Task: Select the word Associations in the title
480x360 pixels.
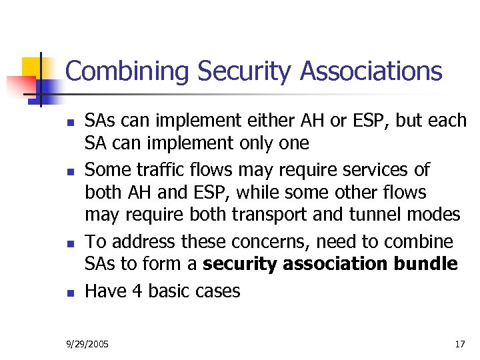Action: click(371, 71)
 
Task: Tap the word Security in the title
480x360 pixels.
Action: click(241, 71)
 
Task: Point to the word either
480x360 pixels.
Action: click(258, 121)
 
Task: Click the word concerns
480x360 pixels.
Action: click(259, 241)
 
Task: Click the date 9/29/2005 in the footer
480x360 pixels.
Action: click(88, 345)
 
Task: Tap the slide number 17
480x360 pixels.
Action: click(459, 345)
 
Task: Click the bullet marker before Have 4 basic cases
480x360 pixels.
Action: click(68, 292)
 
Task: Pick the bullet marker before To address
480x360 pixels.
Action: click(68, 243)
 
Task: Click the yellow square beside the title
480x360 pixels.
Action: click(32, 67)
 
